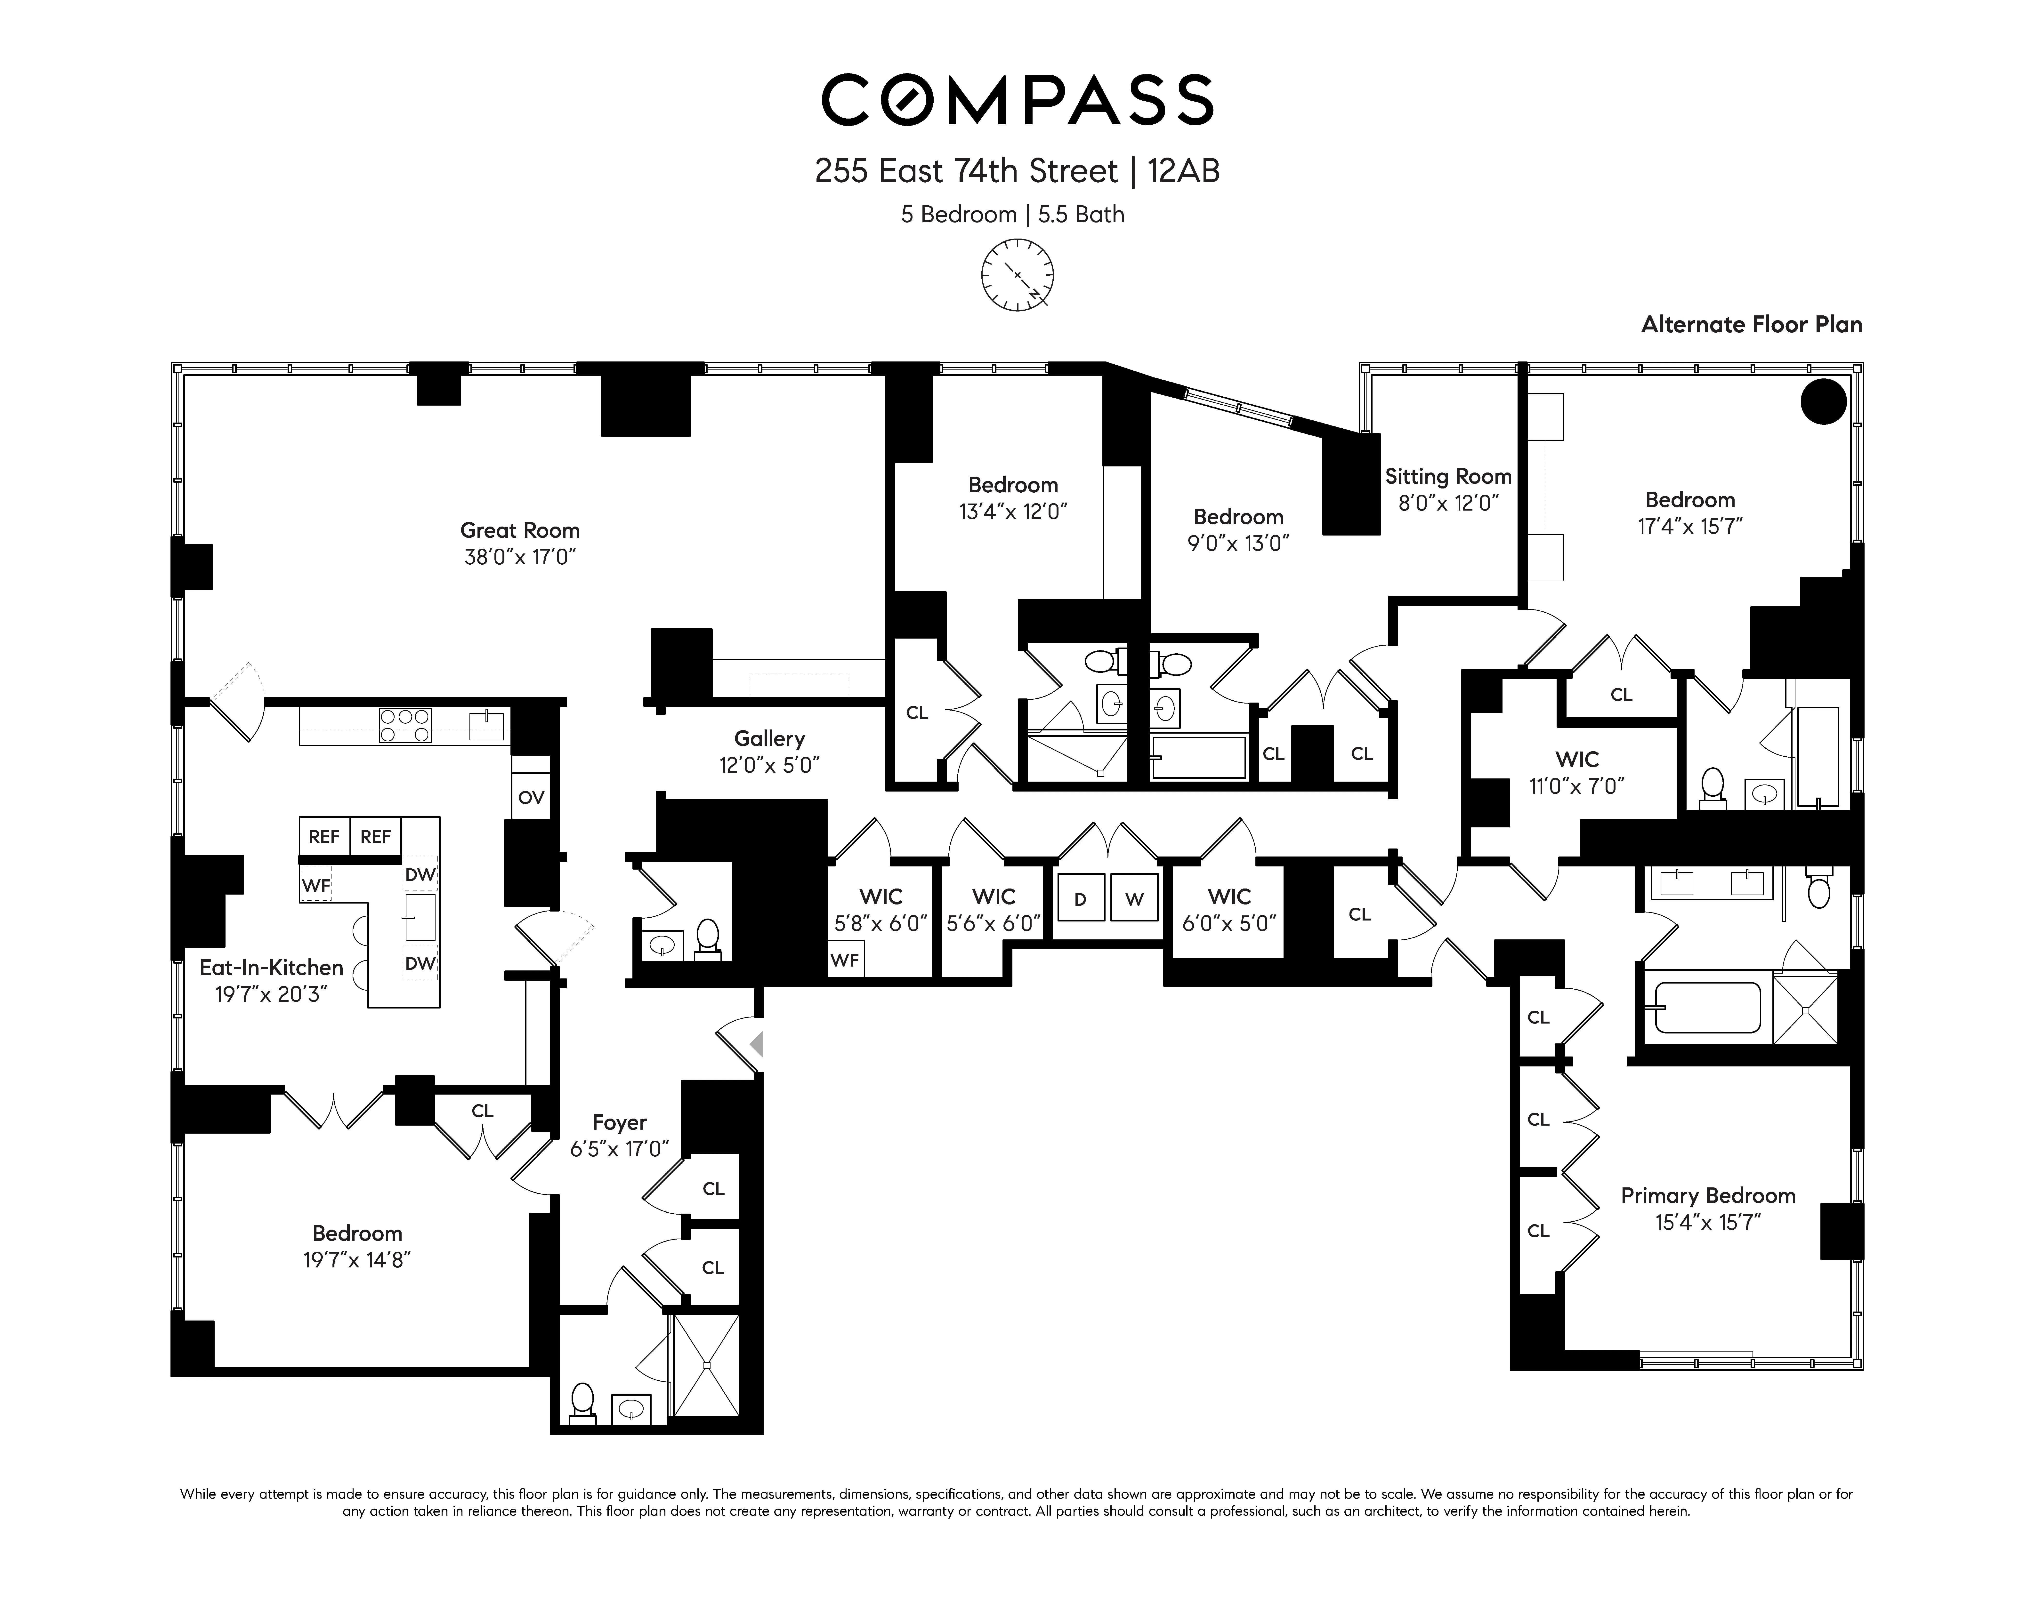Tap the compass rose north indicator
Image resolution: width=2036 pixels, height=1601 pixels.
point(1017,275)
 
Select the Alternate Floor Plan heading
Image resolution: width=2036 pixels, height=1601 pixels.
point(1751,324)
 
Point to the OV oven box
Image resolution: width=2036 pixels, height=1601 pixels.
point(531,798)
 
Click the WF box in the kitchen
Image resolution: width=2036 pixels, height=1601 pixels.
point(316,885)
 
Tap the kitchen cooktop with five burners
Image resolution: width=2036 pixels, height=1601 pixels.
point(405,726)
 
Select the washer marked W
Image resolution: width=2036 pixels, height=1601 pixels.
point(1134,899)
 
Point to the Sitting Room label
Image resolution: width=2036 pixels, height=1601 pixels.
point(1448,488)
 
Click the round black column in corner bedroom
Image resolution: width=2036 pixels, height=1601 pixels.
point(1823,401)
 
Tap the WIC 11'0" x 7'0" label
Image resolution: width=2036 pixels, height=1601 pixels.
point(1577,771)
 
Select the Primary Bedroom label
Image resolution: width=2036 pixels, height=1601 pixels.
point(1708,1208)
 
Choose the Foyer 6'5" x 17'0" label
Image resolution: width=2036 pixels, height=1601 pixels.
point(620,1135)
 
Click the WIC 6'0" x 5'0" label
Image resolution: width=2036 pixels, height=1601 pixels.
point(1229,909)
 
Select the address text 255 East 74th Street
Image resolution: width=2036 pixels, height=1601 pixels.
point(966,172)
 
